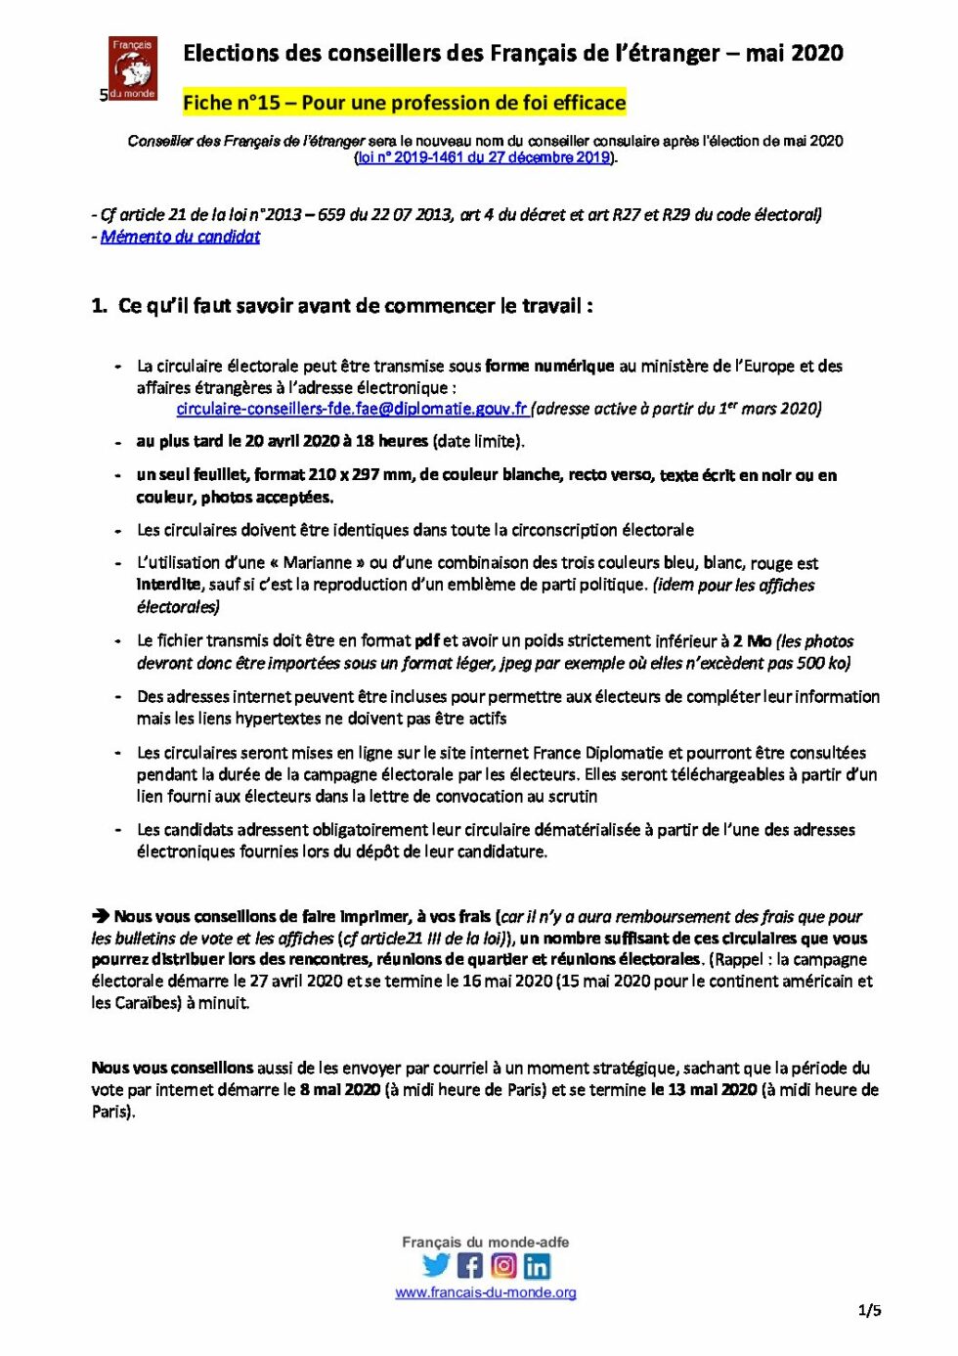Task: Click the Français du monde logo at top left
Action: [132, 68]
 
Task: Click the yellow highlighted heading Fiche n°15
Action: [404, 103]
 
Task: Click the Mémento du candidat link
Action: [180, 237]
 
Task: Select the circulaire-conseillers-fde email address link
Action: [352, 409]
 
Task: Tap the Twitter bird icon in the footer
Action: [436, 1265]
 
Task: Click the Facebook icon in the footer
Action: [470, 1265]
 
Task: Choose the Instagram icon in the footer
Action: [503, 1265]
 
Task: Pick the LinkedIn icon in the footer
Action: [537, 1266]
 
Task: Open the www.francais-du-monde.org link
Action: [485, 1292]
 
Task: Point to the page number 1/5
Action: [869, 1310]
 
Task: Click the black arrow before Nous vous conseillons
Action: [101, 916]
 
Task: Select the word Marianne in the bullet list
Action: [317, 563]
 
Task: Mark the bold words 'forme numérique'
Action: [549, 366]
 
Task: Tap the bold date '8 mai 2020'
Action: [339, 1090]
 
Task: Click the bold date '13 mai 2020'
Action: [703, 1090]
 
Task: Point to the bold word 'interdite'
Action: [168, 585]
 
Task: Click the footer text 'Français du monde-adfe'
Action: [485, 1242]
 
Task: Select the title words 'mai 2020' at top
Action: [794, 54]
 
